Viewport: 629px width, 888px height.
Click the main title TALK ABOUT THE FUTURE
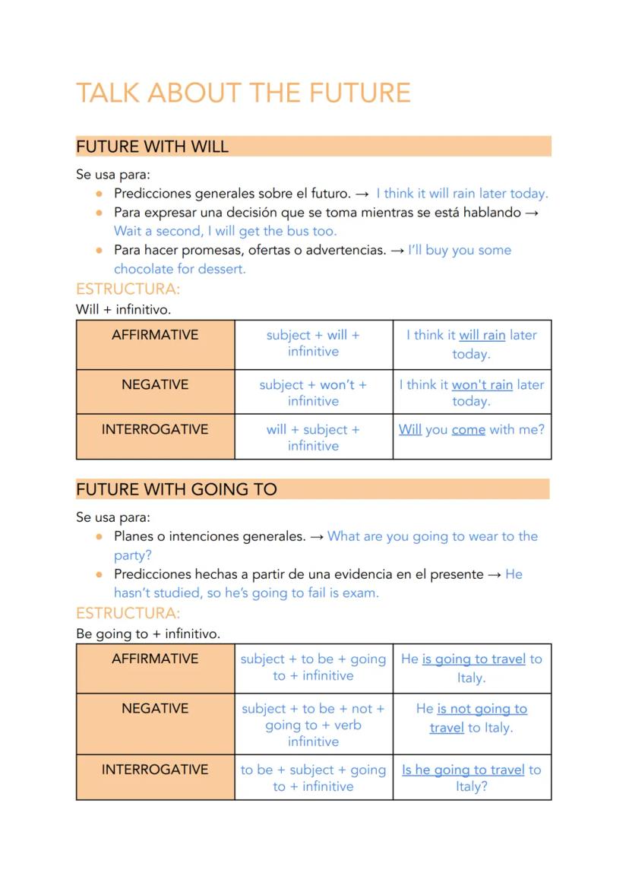[x=243, y=93]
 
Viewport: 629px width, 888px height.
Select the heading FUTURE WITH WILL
[x=152, y=147]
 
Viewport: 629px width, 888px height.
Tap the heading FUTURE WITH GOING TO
[x=176, y=489]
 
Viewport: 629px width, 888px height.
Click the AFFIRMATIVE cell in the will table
[x=155, y=335]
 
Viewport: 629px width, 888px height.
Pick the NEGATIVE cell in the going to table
[x=155, y=709]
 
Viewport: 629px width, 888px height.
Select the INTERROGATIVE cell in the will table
[x=155, y=429]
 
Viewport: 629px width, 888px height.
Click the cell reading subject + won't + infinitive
[x=313, y=393]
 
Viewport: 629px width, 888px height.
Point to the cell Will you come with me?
[x=472, y=430]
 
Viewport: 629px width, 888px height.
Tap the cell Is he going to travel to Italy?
[x=472, y=778]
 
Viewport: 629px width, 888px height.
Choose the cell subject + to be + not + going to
[x=313, y=725]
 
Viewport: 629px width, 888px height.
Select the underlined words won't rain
[x=482, y=385]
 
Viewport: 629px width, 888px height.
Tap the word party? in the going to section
[x=133, y=555]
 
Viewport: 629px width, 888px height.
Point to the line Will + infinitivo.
[x=123, y=309]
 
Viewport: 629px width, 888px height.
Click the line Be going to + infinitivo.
[x=148, y=633]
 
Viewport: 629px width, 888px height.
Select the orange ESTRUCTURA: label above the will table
[x=128, y=289]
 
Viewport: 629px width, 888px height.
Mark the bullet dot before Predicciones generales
[x=99, y=194]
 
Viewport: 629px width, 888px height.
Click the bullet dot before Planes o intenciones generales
[x=99, y=536]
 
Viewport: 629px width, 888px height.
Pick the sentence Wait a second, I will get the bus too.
[x=225, y=231]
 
